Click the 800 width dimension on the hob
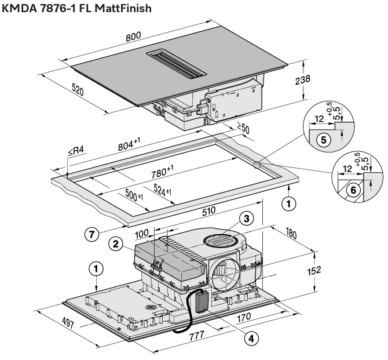pyautogui.click(x=134, y=36)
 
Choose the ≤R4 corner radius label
pyautogui.click(x=76, y=152)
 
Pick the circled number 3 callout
pyautogui.click(x=246, y=219)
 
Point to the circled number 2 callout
pyautogui.click(x=116, y=243)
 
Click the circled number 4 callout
pyautogui.click(x=250, y=337)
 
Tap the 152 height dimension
pyautogui.click(x=323, y=271)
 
